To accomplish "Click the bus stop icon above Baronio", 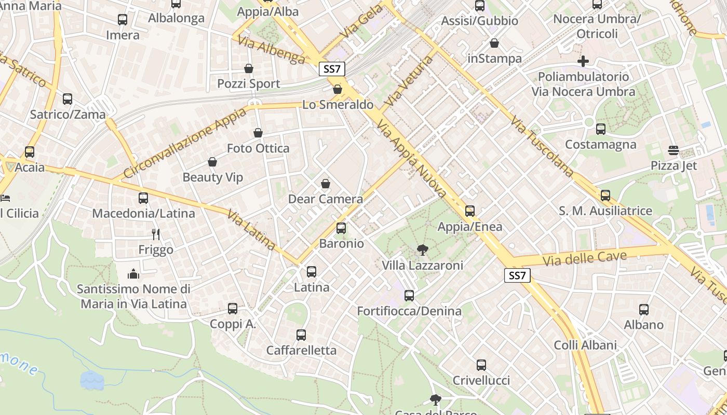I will pos(341,228).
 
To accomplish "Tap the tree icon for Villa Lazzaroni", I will pos(423,250).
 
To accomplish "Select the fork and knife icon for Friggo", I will pos(155,234).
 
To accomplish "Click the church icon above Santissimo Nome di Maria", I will pos(133,273).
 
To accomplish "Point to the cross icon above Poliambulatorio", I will pos(583,61).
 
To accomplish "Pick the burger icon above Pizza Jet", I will pos(674,150).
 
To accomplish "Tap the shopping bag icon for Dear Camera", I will pos(326,184).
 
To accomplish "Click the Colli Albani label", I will pos(585,345).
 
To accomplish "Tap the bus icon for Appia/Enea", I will pos(470,211).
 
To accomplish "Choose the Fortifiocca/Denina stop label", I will pos(409,311).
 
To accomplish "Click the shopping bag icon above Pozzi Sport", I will pos(249,68).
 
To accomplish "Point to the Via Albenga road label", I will pos(272,50).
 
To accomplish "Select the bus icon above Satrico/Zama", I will pos(68,99).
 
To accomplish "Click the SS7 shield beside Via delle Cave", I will pos(517,275).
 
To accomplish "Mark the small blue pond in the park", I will pos(92,380).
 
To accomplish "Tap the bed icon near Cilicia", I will pos(5,198).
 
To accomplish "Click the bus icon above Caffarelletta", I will pos(301,335).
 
